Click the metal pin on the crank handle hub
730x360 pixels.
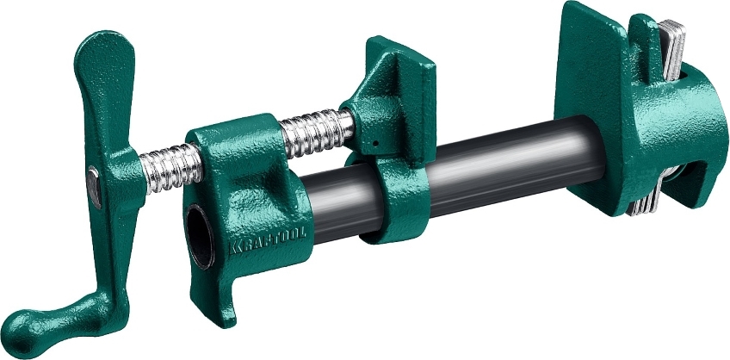point(94,187)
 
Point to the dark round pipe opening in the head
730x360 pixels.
point(201,236)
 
